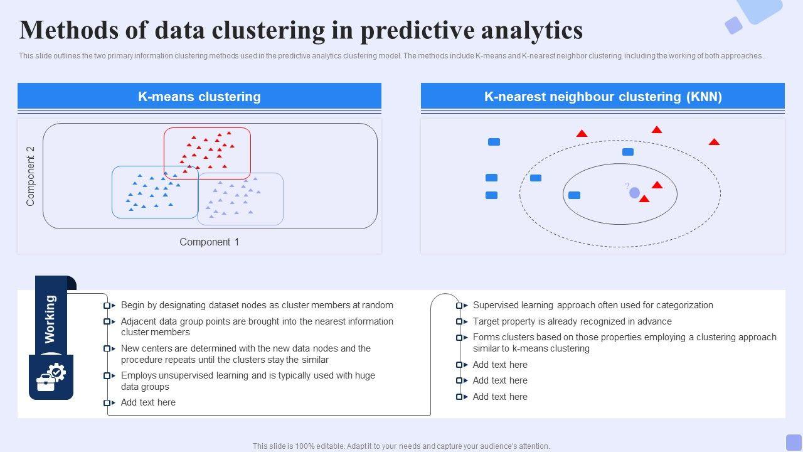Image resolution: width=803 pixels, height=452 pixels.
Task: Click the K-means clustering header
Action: (x=199, y=97)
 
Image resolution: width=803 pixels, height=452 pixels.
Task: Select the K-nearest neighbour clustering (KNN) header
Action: (x=603, y=97)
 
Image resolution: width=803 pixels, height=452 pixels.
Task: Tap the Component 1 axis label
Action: (x=210, y=242)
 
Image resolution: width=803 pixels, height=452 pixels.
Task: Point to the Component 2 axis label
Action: (x=31, y=176)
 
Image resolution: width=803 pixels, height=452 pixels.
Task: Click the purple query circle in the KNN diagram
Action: (x=634, y=193)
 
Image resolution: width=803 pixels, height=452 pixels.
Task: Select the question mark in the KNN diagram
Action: (x=627, y=185)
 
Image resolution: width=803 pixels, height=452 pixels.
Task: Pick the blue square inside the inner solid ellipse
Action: (x=574, y=195)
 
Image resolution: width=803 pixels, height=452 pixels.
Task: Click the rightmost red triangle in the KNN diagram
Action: (x=714, y=142)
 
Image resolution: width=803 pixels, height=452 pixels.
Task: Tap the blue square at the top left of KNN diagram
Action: (x=494, y=142)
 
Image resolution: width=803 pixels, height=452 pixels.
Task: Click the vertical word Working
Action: (x=50, y=319)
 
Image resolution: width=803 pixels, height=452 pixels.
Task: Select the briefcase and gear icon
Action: (x=51, y=377)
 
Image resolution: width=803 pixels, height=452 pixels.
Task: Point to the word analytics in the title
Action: (x=532, y=31)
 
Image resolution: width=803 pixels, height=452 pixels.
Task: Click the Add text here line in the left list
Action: (x=148, y=402)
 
